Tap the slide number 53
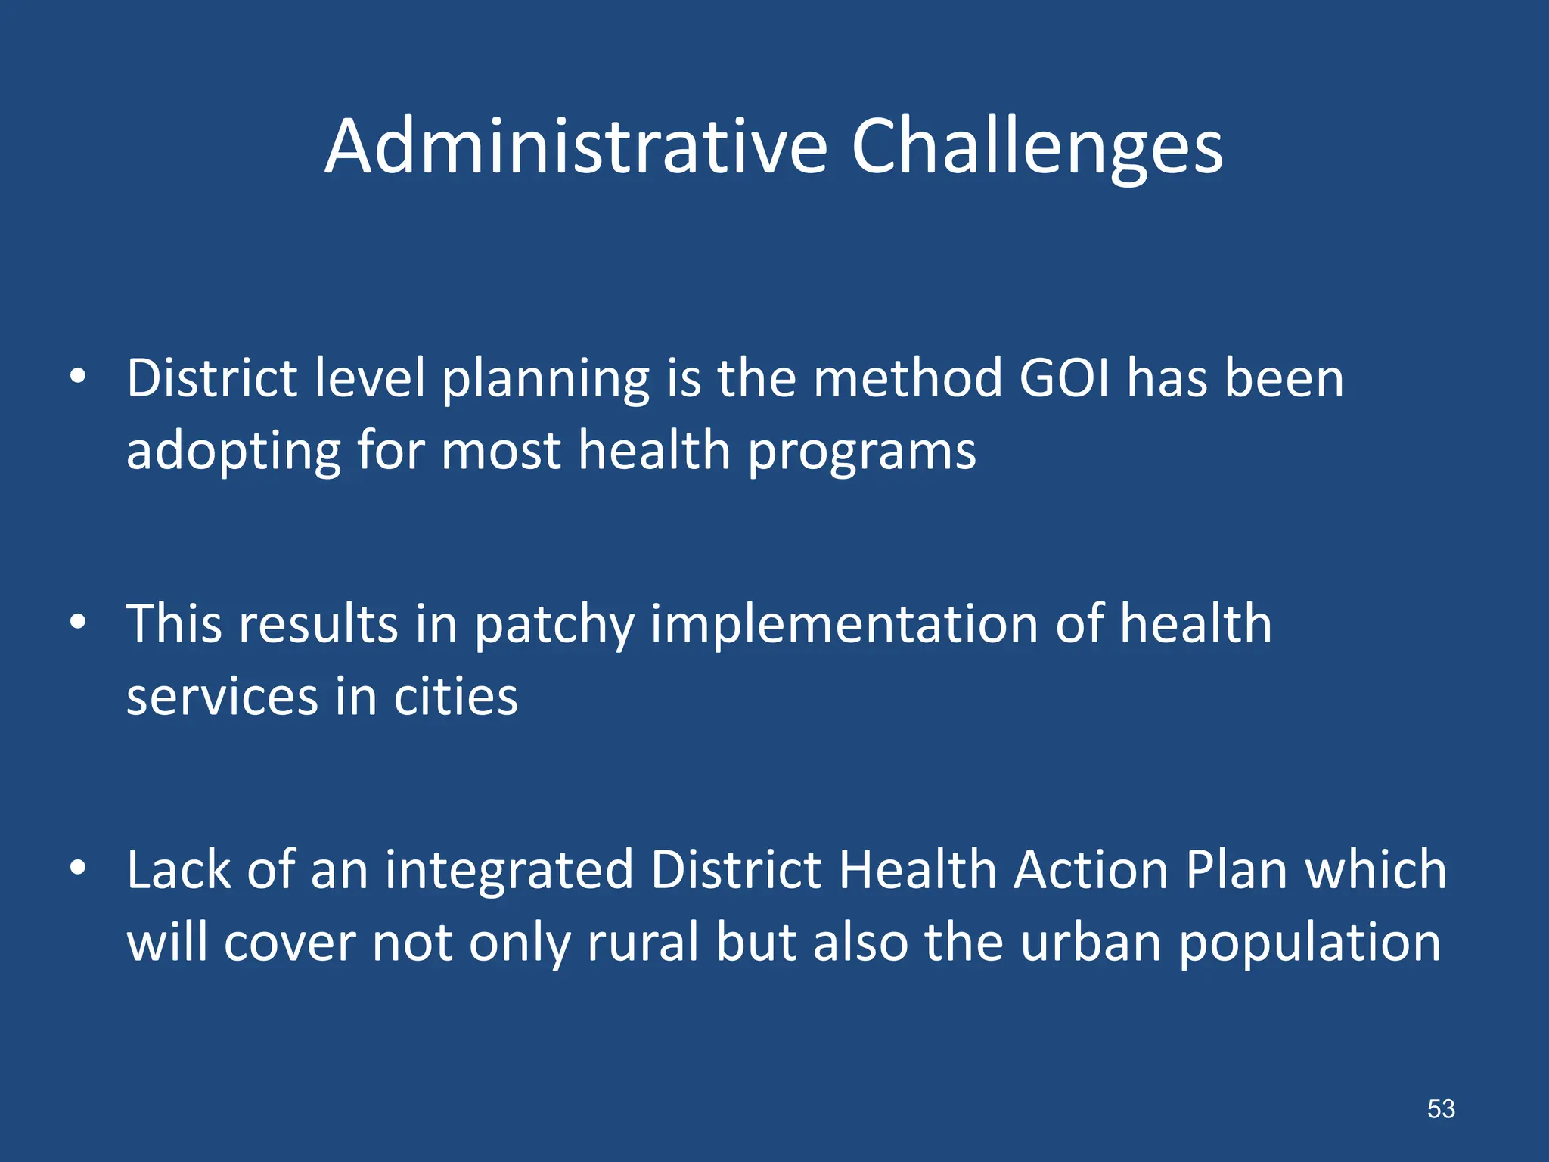pos(1441,1109)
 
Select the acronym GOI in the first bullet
pos(1065,378)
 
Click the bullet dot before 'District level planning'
pos(78,376)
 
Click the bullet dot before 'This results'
pos(78,622)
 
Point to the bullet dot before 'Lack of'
pos(78,868)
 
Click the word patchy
pos(554,625)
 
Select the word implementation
pos(844,625)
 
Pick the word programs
pos(862,452)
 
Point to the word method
pos(908,378)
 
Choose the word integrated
pos(508,870)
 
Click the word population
pos(1310,944)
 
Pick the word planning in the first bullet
pos(545,380)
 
